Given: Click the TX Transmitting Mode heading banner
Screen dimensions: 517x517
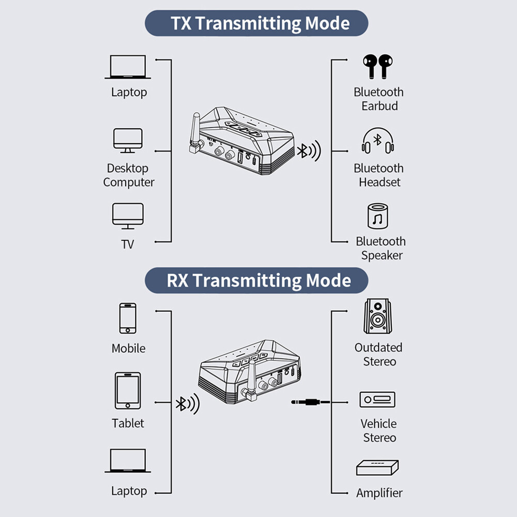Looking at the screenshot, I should pyautogui.click(x=256, y=23).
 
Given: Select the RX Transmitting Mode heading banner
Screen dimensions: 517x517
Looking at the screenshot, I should pyautogui.click(x=256, y=281).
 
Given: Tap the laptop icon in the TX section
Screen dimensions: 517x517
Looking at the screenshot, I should pyautogui.click(x=128, y=68).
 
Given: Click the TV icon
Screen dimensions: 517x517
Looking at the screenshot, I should pyautogui.click(x=128, y=216).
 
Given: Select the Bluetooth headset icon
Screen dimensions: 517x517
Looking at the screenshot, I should pyautogui.click(x=378, y=141).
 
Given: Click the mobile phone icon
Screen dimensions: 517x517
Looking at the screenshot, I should pyautogui.click(x=128, y=318).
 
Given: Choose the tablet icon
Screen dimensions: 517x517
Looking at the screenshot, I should pyautogui.click(x=128, y=391).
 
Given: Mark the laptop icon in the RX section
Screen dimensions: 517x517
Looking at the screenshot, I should pyautogui.click(x=128, y=461).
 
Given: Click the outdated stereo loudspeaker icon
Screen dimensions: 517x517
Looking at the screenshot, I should pyautogui.click(x=378, y=316).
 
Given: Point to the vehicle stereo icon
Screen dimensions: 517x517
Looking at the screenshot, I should pyautogui.click(x=377, y=400).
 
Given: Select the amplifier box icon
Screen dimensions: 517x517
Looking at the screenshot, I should pyautogui.click(x=377, y=468).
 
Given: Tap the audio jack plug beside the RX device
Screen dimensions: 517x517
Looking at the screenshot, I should pyautogui.click(x=310, y=402).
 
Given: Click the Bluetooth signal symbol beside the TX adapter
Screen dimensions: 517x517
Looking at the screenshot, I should pyautogui.click(x=308, y=151).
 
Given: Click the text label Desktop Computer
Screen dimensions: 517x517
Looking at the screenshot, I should pyautogui.click(x=128, y=175).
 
